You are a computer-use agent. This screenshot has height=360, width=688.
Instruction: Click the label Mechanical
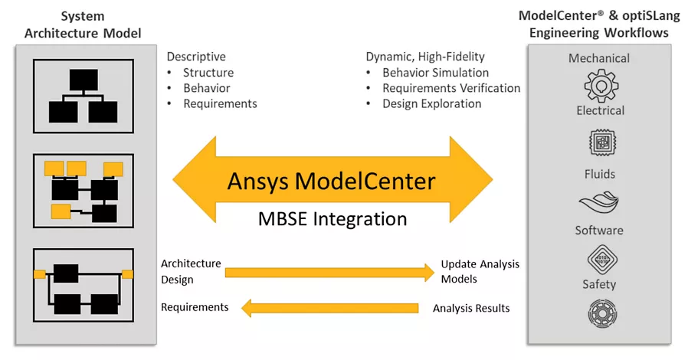pyautogui.click(x=599, y=58)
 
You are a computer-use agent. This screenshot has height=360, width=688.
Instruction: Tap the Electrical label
pyautogui.click(x=600, y=110)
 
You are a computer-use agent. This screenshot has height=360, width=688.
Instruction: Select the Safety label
pyautogui.click(x=599, y=284)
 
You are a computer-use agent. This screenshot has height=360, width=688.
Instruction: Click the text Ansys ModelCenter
pyautogui.click(x=331, y=182)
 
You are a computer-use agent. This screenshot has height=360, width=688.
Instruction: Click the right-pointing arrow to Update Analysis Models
pyautogui.click(x=329, y=271)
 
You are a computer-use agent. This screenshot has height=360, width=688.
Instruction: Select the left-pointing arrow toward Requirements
pyautogui.click(x=329, y=309)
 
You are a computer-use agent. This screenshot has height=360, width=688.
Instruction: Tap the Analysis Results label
pyautogui.click(x=470, y=309)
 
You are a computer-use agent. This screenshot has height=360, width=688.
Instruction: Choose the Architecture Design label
pyautogui.click(x=190, y=271)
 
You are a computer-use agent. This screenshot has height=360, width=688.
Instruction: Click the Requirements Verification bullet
pyautogui.click(x=450, y=88)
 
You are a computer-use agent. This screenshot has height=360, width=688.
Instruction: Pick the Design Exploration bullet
pyautogui.click(x=431, y=103)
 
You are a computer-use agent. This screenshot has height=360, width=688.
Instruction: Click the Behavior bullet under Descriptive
pyautogui.click(x=206, y=88)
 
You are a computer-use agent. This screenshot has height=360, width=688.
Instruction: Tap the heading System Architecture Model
pyautogui.click(x=83, y=24)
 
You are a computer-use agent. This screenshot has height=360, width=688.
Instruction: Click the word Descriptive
pyautogui.click(x=196, y=57)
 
